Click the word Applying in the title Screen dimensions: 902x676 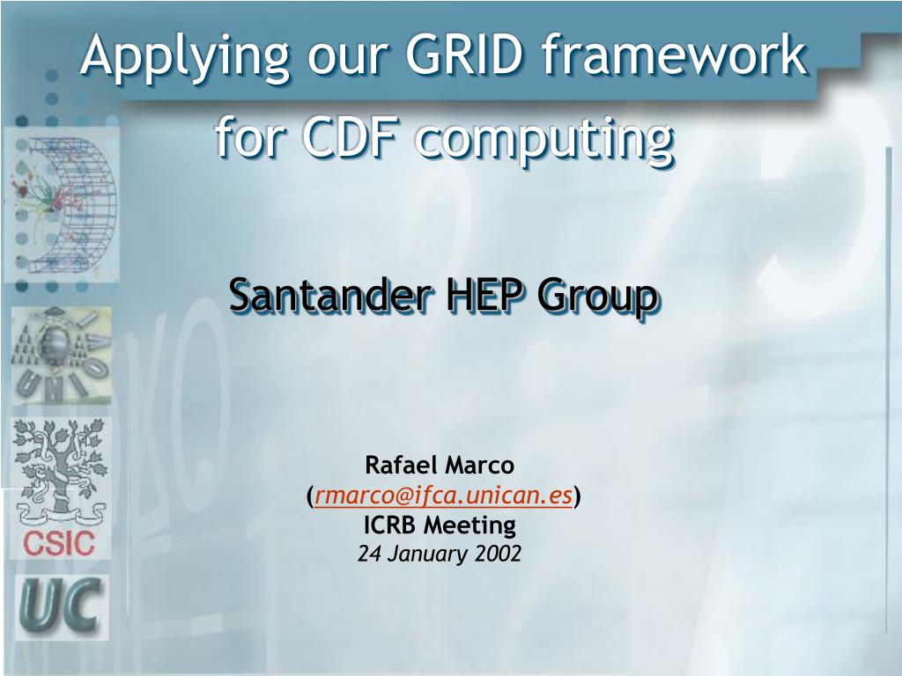[185, 58]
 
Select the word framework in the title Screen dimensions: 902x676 [675, 55]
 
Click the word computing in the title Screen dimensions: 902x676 [544, 142]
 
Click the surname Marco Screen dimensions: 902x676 [478, 465]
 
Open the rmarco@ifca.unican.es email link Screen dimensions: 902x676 [444, 495]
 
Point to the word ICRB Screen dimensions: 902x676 [390, 525]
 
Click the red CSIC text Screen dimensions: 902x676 [59, 543]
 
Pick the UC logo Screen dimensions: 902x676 [62, 606]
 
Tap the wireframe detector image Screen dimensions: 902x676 [63, 204]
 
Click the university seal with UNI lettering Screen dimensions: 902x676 [62, 356]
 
